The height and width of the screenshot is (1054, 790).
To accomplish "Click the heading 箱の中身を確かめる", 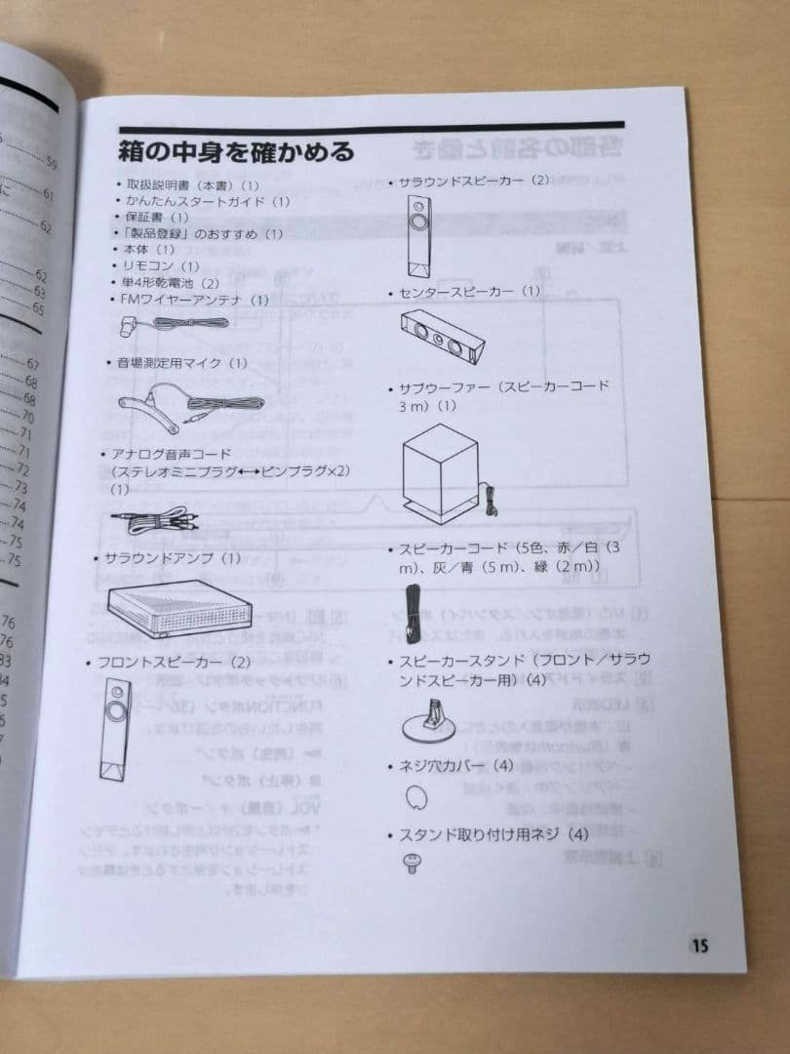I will (235, 152).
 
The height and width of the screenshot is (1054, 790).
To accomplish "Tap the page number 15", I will (700, 945).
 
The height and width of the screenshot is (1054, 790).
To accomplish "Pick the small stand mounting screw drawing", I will (412, 862).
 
